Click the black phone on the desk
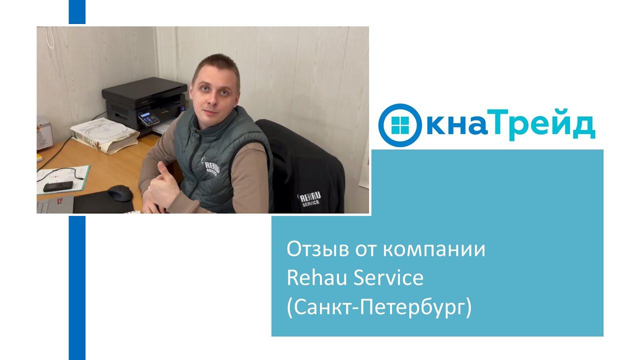57,186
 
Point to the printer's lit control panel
148,119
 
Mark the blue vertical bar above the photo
77,11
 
